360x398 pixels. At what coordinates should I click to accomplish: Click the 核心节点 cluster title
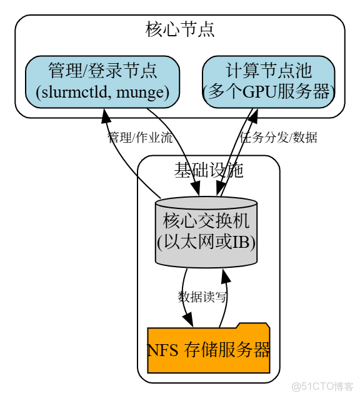(180, 29)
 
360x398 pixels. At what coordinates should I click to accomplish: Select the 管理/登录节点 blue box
(102, 81)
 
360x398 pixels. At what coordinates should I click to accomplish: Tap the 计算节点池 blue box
(268, 81)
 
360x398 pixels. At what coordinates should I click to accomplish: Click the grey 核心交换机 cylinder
(206, 232)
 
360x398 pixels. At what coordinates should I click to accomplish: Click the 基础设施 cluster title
(208, 170)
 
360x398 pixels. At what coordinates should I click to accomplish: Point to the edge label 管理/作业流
(140, 138)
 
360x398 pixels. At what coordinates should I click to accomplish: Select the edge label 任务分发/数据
(279, 138)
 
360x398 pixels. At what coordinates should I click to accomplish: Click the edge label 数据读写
(202, 297)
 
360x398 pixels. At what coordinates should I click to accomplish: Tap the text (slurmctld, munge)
(102, 93)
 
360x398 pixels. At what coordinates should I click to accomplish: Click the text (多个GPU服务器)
(268, 93)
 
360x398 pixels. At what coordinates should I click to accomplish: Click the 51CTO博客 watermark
(323, 386)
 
